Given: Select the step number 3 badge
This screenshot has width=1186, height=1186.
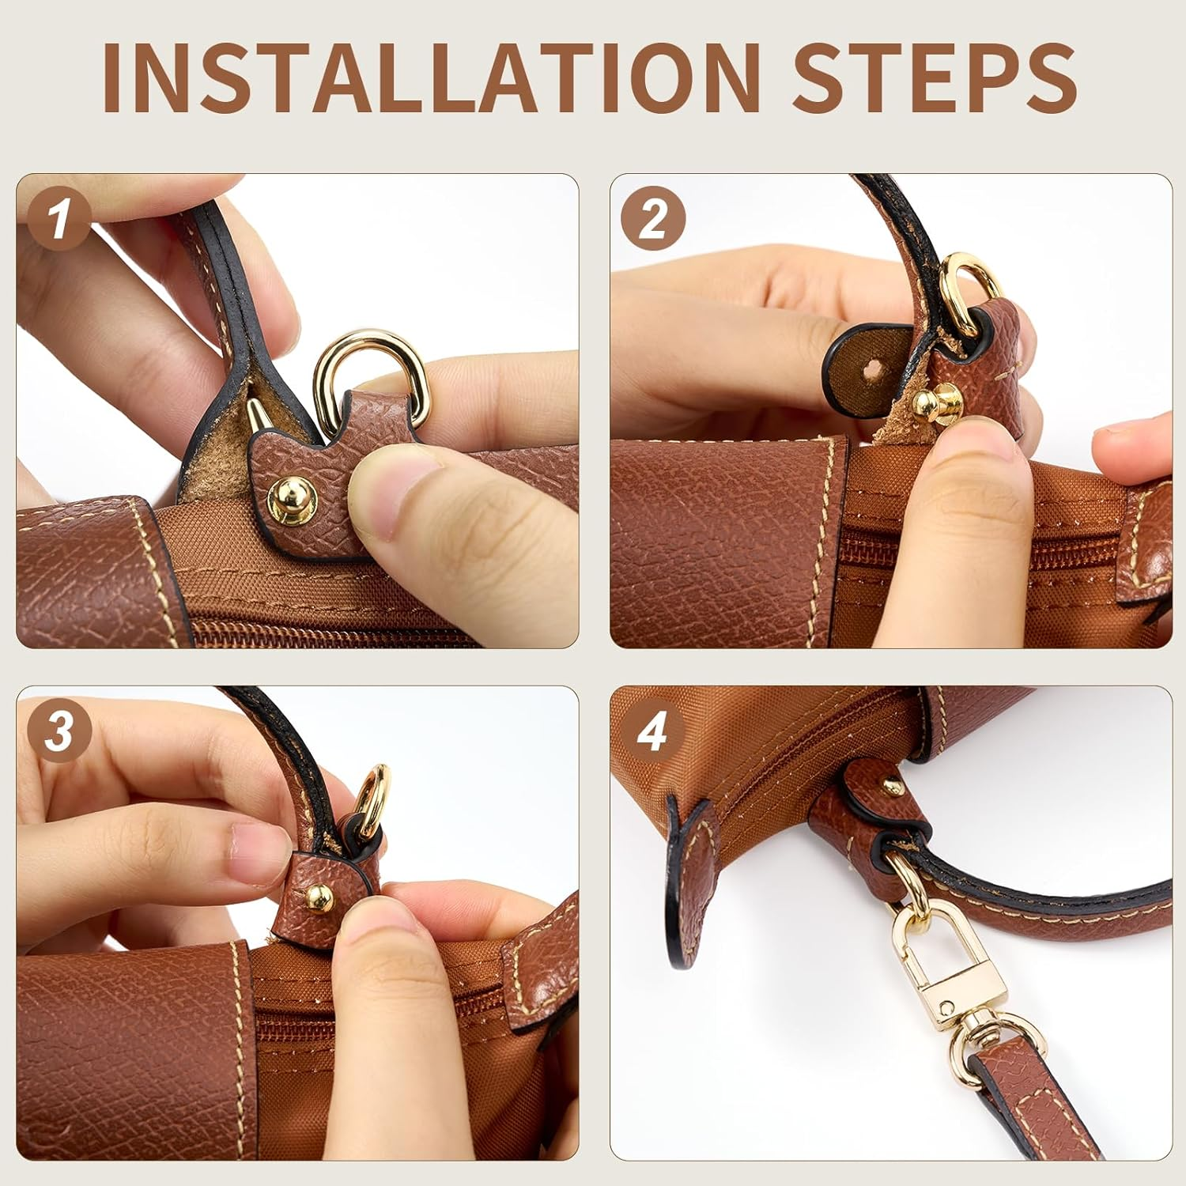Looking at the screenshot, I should tap(60, 732).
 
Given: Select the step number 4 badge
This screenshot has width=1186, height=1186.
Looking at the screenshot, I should tap(653, 732).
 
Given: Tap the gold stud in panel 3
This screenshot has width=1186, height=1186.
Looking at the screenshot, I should tap(319, 895).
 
